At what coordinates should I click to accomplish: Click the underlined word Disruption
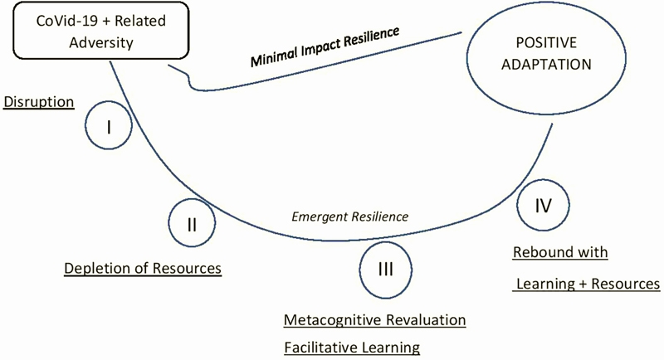click(x=38, y=102)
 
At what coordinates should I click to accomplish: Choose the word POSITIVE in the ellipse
click(x=546, y=43)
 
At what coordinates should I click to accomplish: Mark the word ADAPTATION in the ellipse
click(x=546, y=65)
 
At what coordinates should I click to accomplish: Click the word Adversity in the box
click(x=101, y=43)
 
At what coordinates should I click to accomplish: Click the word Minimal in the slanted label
click(x=274, y=56)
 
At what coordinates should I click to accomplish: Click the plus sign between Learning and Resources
click(x=583, y=284)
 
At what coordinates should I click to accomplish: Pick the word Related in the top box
click(x=140, y=21)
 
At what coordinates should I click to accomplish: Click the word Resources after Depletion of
click(x=187, y=268)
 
